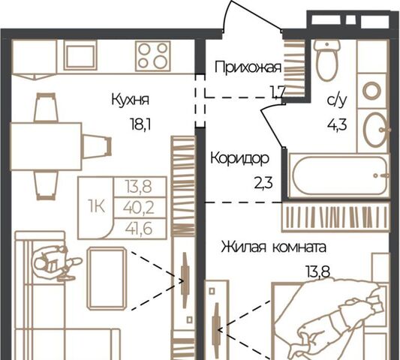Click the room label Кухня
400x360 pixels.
pos(130,100)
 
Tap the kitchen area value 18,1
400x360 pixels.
pos(140,125)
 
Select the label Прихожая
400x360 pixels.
pos(248,67)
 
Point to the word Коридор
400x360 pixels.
pos(240,158)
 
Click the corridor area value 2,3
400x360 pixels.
pos(263,183)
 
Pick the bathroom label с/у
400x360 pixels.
pos(337,100)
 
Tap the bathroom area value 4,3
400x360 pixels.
pos(337,125)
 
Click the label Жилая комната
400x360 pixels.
pos(273,247)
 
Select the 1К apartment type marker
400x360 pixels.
pos(96,206)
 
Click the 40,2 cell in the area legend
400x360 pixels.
pos(139,208)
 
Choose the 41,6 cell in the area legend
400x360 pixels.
pos(139,229)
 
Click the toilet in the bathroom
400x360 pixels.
pos(327,61)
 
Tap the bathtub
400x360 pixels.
pos(339,175)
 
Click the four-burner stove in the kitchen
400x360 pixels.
pos(153,55)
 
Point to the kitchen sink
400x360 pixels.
pos(80,55)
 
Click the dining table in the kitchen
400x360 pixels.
pos(46,146)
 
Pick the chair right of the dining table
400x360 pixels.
pos(97,146)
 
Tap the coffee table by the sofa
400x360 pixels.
pos(107,278)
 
